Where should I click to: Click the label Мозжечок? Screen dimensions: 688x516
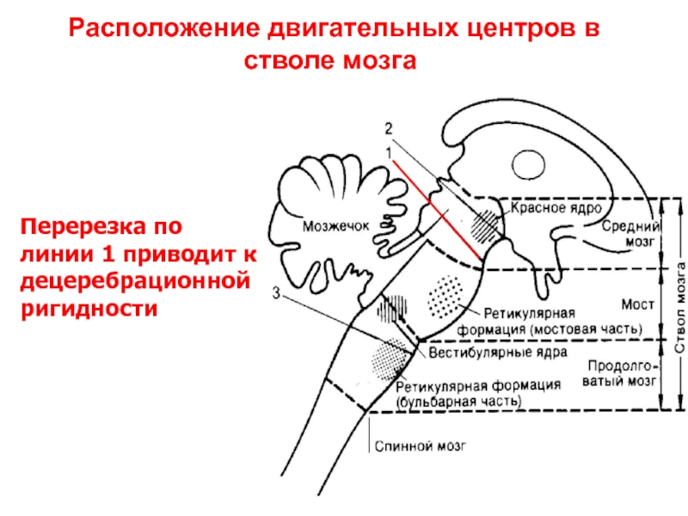pos(335,227)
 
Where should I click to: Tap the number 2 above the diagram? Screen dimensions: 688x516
pos(388,129)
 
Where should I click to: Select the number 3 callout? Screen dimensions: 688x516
pos(275,293)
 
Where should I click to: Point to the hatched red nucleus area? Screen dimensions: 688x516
pos(486,224)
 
